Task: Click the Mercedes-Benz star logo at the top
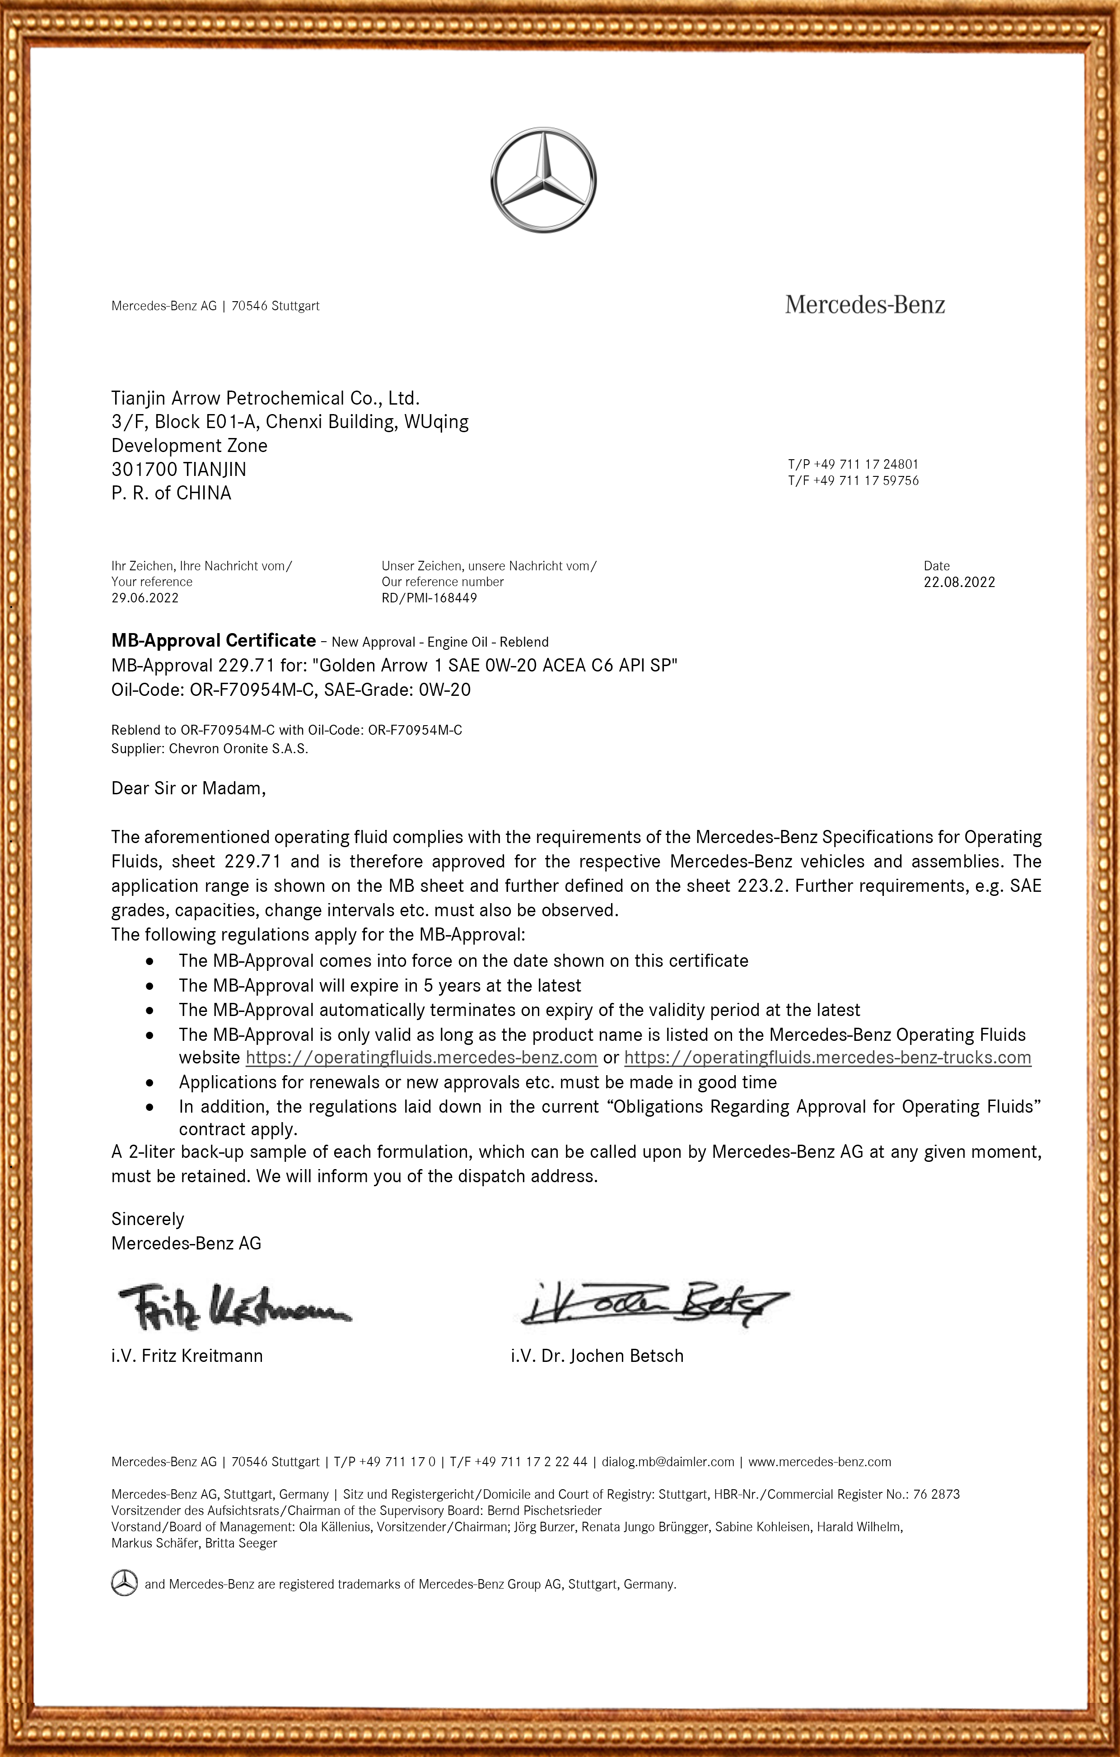click(543, 180)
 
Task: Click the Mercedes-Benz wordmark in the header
click(865, 304)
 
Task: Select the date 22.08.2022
click(959, 582)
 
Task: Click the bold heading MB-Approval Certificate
click(213, 641)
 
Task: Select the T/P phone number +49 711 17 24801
click(865, 464)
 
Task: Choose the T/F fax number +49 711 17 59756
click(865, 480)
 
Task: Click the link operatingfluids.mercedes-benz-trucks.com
click(827, 1057)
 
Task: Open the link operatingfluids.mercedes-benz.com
click(422, 1057)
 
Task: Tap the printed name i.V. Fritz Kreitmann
click(187, 1356)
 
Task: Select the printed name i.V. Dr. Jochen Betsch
click(597, 1356)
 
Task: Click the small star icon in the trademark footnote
click(124, 1583)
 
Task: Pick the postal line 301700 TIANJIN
click(179, 469)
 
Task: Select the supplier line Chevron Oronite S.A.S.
click(210, 749)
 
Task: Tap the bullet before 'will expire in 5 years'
click(149, 986)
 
